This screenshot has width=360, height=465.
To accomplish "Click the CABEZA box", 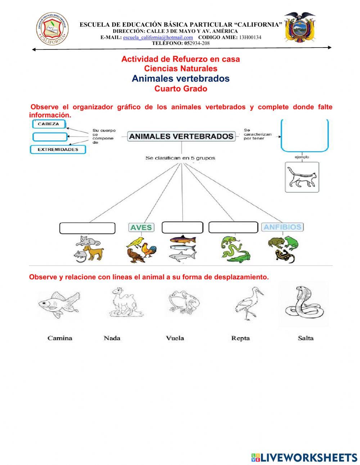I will (50, 124).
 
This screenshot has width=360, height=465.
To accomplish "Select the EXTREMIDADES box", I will (58, 149).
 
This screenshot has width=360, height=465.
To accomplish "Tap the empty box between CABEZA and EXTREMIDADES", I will (50, 137).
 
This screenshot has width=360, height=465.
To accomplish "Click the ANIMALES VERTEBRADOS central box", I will (181, 136).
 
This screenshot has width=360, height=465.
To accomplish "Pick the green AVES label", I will (141, 227).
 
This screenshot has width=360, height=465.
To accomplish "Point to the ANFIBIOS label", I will (282, 227).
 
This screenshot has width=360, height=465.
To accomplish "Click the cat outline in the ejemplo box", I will (302, 177).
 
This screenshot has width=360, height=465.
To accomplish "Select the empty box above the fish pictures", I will (183, 227).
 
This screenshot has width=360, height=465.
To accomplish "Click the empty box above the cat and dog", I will (87, 228).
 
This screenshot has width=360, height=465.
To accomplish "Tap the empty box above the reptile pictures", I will (233, 227).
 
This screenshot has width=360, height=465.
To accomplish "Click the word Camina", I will (60, 338).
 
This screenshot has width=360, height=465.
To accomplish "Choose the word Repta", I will (240, 338).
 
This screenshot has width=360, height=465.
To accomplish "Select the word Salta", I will (306, 338).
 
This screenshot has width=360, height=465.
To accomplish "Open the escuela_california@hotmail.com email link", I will (158, 37).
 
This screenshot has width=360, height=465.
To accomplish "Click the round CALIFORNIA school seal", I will (52, 29).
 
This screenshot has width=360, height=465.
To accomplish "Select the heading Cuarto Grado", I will (181, 89).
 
